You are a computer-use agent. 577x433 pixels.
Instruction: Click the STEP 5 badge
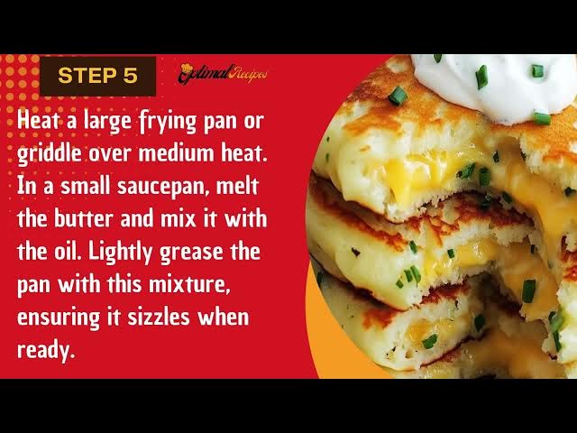(x=97, y=76)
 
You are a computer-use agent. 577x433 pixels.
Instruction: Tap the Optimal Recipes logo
(x=223, y=73)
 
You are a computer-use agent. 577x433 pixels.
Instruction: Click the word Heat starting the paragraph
(x=39, y=123)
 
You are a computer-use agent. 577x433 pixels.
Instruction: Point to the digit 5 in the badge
(x=130, y=76)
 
